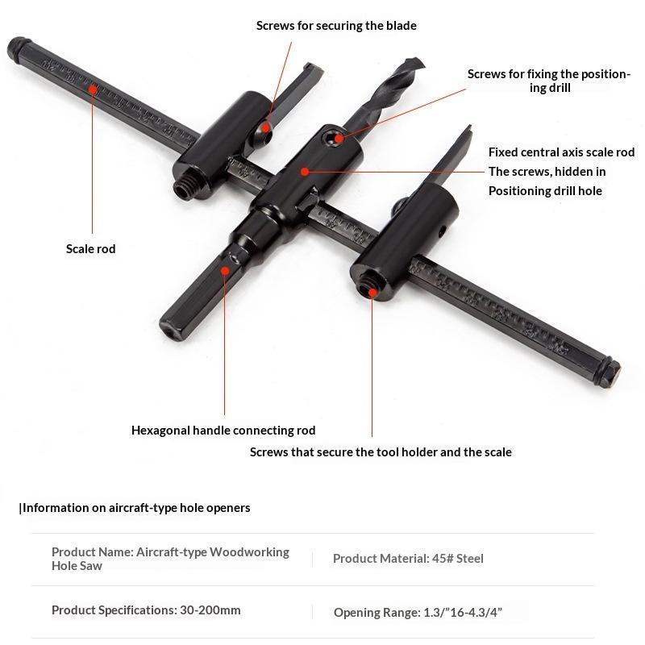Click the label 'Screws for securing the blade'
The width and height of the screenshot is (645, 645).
point(336,26)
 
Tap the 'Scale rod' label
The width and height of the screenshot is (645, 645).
point(90,249)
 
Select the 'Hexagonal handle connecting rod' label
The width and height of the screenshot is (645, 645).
point(223,431)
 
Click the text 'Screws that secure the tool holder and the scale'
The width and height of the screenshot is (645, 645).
point(381,452)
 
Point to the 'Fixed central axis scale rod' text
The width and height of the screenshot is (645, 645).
point(561,152)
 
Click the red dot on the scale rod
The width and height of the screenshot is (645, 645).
point(93,89)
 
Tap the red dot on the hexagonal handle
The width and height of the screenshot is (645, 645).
point(225,270)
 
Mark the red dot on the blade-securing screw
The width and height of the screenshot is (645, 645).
point(266,128)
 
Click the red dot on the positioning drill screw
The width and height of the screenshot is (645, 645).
point(339,138)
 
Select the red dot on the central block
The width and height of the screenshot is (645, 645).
point(305,172)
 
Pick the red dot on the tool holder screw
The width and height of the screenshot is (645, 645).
point(372,293)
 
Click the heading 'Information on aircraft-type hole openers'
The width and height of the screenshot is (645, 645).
point(135,508)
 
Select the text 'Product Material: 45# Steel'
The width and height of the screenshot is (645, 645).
point(408,559)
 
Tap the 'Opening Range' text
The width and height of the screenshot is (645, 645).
point(377,613)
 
